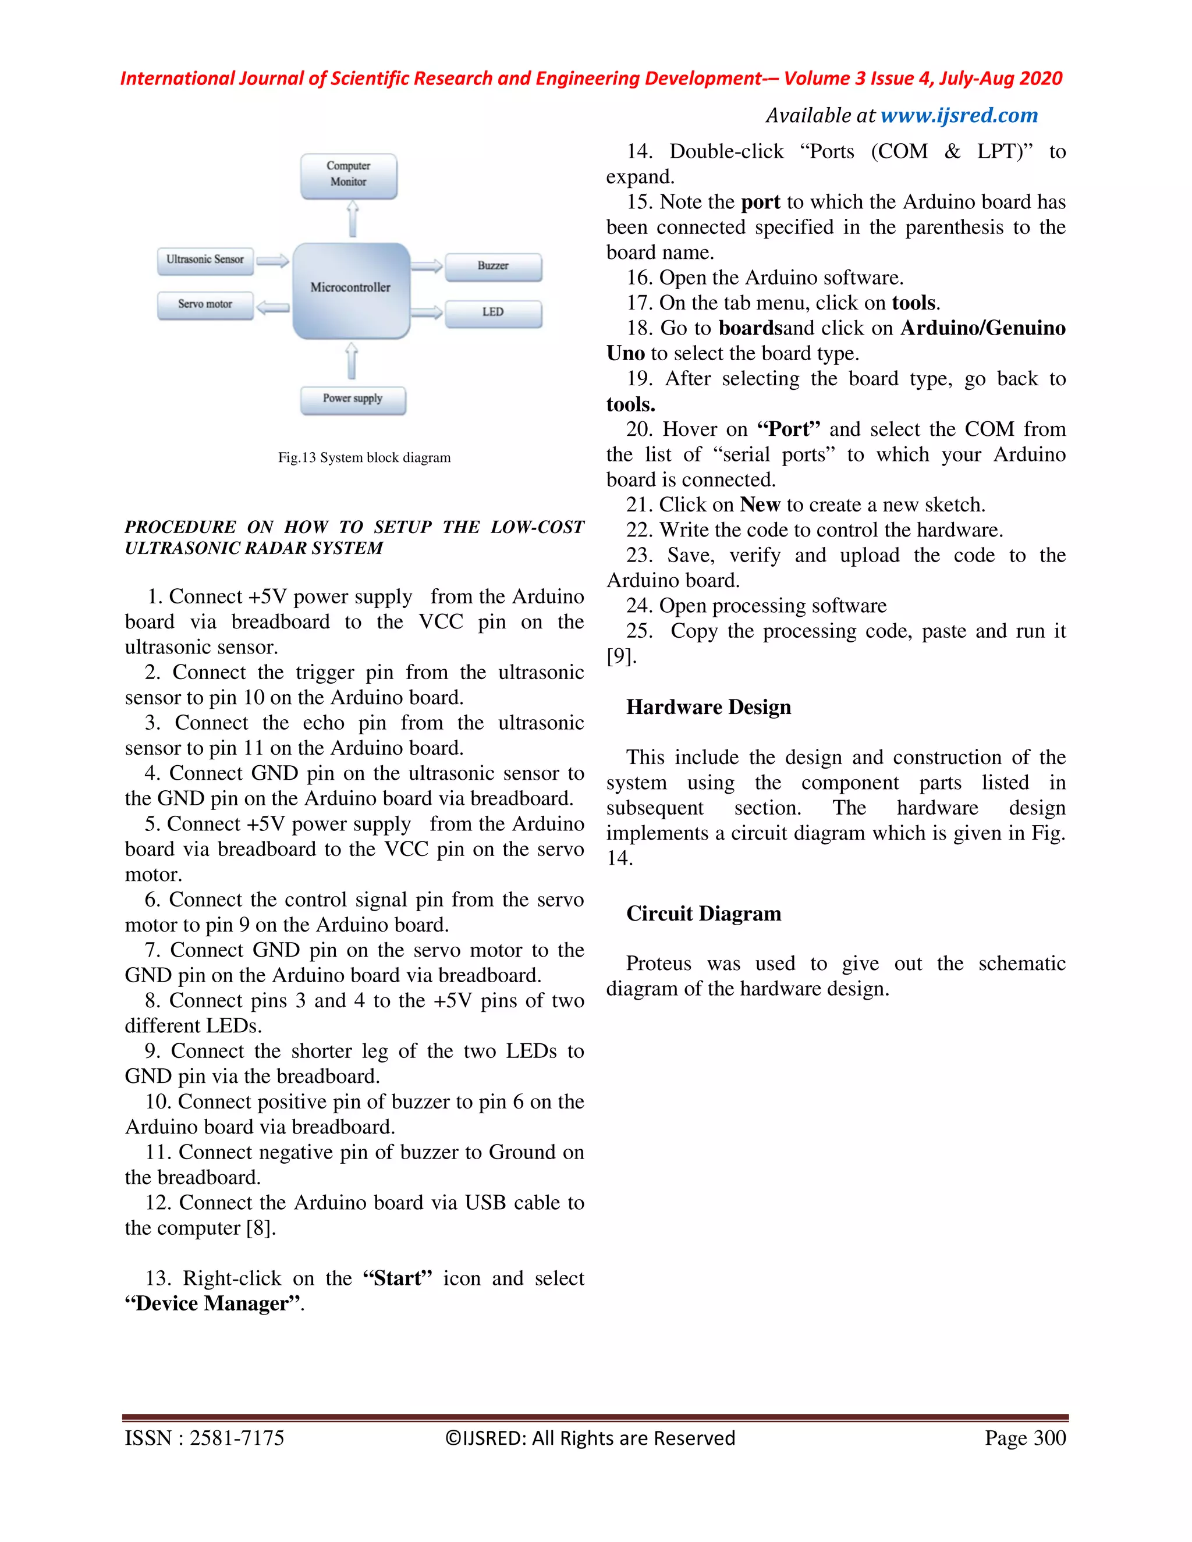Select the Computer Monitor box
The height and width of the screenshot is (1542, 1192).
click(x=348, y=175)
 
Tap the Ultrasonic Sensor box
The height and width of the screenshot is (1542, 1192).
click(x=205, y=261)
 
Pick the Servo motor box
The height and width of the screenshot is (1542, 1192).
click(x=205, y=305)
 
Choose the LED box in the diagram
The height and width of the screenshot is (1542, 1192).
click(x=493, y=313)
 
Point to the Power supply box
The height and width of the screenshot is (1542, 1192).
click(x=352, y=400)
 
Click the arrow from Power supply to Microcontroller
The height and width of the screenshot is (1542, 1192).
click(x=352, y=361)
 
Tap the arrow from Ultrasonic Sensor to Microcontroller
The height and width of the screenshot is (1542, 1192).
click(x=272, y=261)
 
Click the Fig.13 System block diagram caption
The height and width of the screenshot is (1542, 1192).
click(x=364, y=457)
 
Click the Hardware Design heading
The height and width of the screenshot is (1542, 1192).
click(x=708, y=707)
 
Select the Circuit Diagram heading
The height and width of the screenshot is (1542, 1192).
click(x=703, y=913)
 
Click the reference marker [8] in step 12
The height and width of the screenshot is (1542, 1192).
click(x=260, y=1228)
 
